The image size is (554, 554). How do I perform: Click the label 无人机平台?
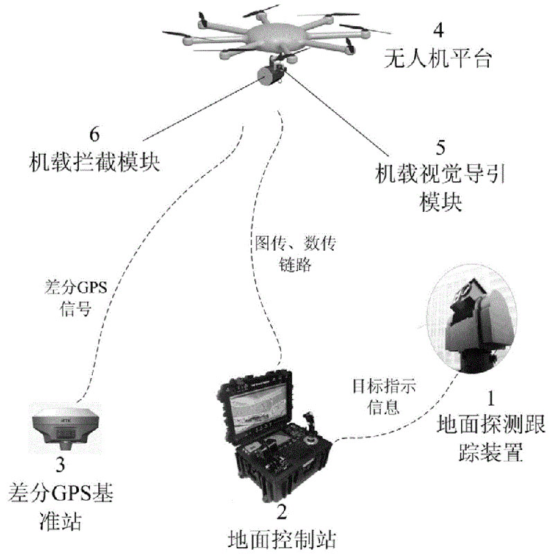pyautogui.click(x=437, y=61)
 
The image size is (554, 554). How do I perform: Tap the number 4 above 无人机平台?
pyautogui.click(x=437, y=32)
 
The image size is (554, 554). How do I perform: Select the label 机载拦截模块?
pyautogui.click(x=96, y=161)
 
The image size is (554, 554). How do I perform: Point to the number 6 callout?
pyautogui.click(x=96, y=132)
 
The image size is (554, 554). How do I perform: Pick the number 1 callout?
pyautogui.click(x=492, y=398)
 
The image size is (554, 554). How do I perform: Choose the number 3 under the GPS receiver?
pyautogui.click(x=60, y=463)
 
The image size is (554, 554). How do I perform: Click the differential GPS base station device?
pyautogui.click(x=60, y=427)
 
